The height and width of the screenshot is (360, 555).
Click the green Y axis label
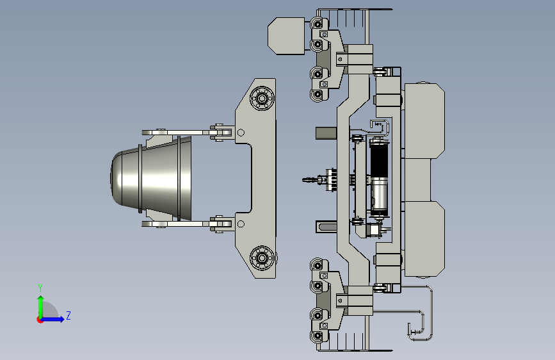40,288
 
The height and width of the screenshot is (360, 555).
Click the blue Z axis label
68,315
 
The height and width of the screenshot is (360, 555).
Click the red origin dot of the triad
40,320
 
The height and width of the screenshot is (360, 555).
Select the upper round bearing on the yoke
262,98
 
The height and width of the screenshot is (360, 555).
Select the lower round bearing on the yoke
262,258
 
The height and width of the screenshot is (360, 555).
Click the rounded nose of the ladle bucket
116,178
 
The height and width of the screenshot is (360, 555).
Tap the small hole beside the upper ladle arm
241,133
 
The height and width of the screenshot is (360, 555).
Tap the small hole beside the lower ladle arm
241,224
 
